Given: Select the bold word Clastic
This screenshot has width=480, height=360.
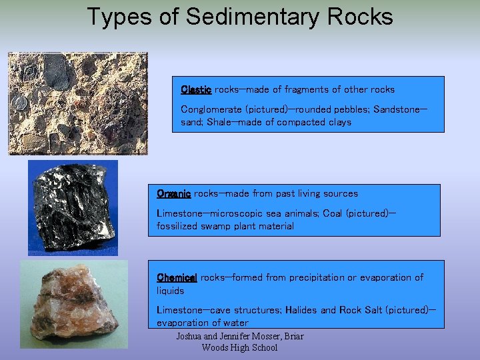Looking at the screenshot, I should [x=196, y=89].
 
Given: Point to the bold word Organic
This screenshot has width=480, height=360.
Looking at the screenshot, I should [x=173, y=193].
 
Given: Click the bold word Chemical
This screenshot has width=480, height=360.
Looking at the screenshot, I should [x=177, y=277].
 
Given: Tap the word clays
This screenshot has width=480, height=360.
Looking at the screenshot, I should [x=338, y=122].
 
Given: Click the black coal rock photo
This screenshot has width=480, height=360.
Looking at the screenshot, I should [x=72, y=207].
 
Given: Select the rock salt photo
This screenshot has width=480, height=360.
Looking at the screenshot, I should [x=73, y=305].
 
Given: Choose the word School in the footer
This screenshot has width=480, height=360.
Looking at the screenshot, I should [x=263, y=347].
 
